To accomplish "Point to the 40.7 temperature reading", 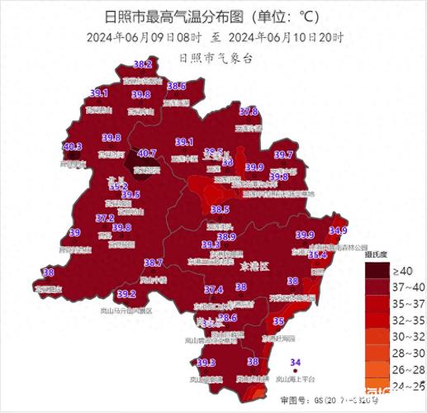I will click(x=146, y=153).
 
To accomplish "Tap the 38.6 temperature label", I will click(x=176, y=86).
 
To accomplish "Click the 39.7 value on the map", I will click(x=283, y=154).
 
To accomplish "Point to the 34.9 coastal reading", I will click(x=338, y=230).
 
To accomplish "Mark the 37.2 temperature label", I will click(x=105, y=218).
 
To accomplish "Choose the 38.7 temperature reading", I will click(x=153, y=263).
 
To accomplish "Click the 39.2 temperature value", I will click(x=126, y=293).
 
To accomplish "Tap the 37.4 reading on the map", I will click(x=214, y=289).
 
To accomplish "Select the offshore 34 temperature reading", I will click(x=296, y=362).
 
